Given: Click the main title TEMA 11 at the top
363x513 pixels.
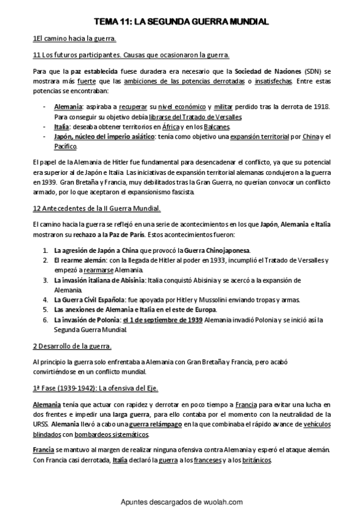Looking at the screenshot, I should click(x=181, y=22).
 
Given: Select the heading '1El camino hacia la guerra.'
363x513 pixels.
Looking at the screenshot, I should click(x=75, y=39).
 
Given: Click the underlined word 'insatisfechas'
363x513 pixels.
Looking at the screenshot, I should click(x=272, y=80).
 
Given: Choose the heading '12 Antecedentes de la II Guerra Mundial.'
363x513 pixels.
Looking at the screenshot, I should click(x=96, y=209).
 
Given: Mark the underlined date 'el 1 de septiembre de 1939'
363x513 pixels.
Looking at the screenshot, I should click(x=162, y=319).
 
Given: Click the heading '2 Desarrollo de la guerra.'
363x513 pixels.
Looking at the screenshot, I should click(x=72, y=346).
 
